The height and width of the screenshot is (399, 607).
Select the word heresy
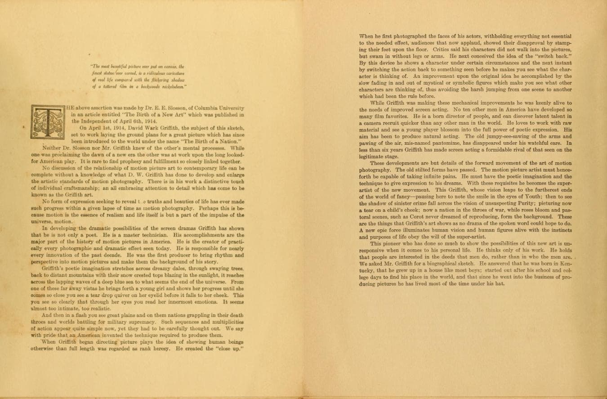pyautogui.click(x=161, y=349)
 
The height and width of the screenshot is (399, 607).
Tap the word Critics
pyautogui.click(x=444, y=49)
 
